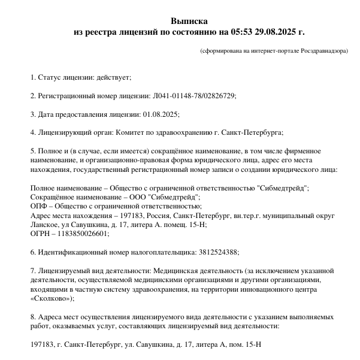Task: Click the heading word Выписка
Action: [x=188, y=20]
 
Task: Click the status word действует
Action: [x=112, y=78]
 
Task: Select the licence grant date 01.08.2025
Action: [x=161, y=114]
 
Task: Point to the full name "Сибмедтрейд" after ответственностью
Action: [x=282, y=188]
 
